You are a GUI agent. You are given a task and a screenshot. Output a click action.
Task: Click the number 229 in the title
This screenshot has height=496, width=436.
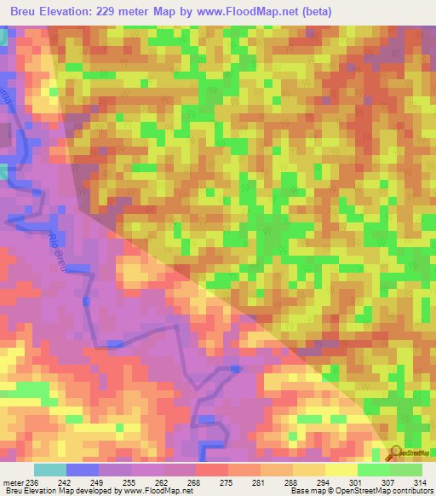point(111,12)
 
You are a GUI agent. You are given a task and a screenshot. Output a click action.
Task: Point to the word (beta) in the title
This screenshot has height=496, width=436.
point(313,12)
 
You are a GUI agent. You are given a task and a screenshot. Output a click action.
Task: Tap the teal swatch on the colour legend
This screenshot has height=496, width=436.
point(50,470)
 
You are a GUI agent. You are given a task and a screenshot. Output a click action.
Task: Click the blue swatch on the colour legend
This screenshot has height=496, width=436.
point(83,470)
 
